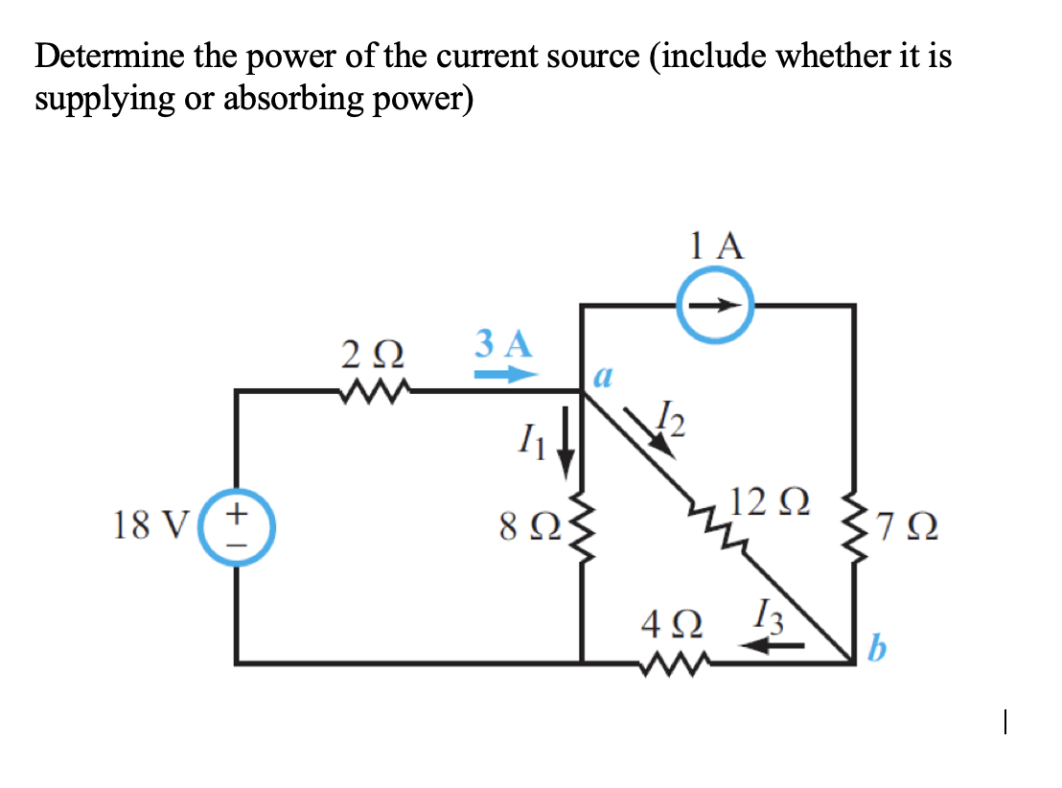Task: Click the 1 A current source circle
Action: click(717, 306)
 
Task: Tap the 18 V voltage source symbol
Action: click(237, 525)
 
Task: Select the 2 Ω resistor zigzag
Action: click(372, 390)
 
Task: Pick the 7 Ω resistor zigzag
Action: click(853, 524)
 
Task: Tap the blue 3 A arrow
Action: click(504, 375)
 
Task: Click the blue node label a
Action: click(603, 377)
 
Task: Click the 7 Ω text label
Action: click(905, 526)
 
